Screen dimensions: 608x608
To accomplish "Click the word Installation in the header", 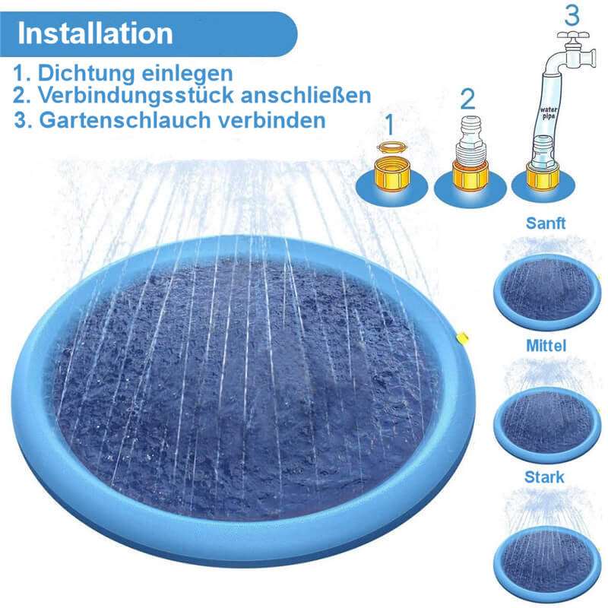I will [95, 33].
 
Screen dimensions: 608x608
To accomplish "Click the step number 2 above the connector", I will [467, 98].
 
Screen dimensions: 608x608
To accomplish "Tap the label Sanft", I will [546, 223].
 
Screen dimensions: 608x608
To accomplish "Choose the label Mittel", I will [546, 346].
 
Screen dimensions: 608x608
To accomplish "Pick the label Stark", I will [544, 477].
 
